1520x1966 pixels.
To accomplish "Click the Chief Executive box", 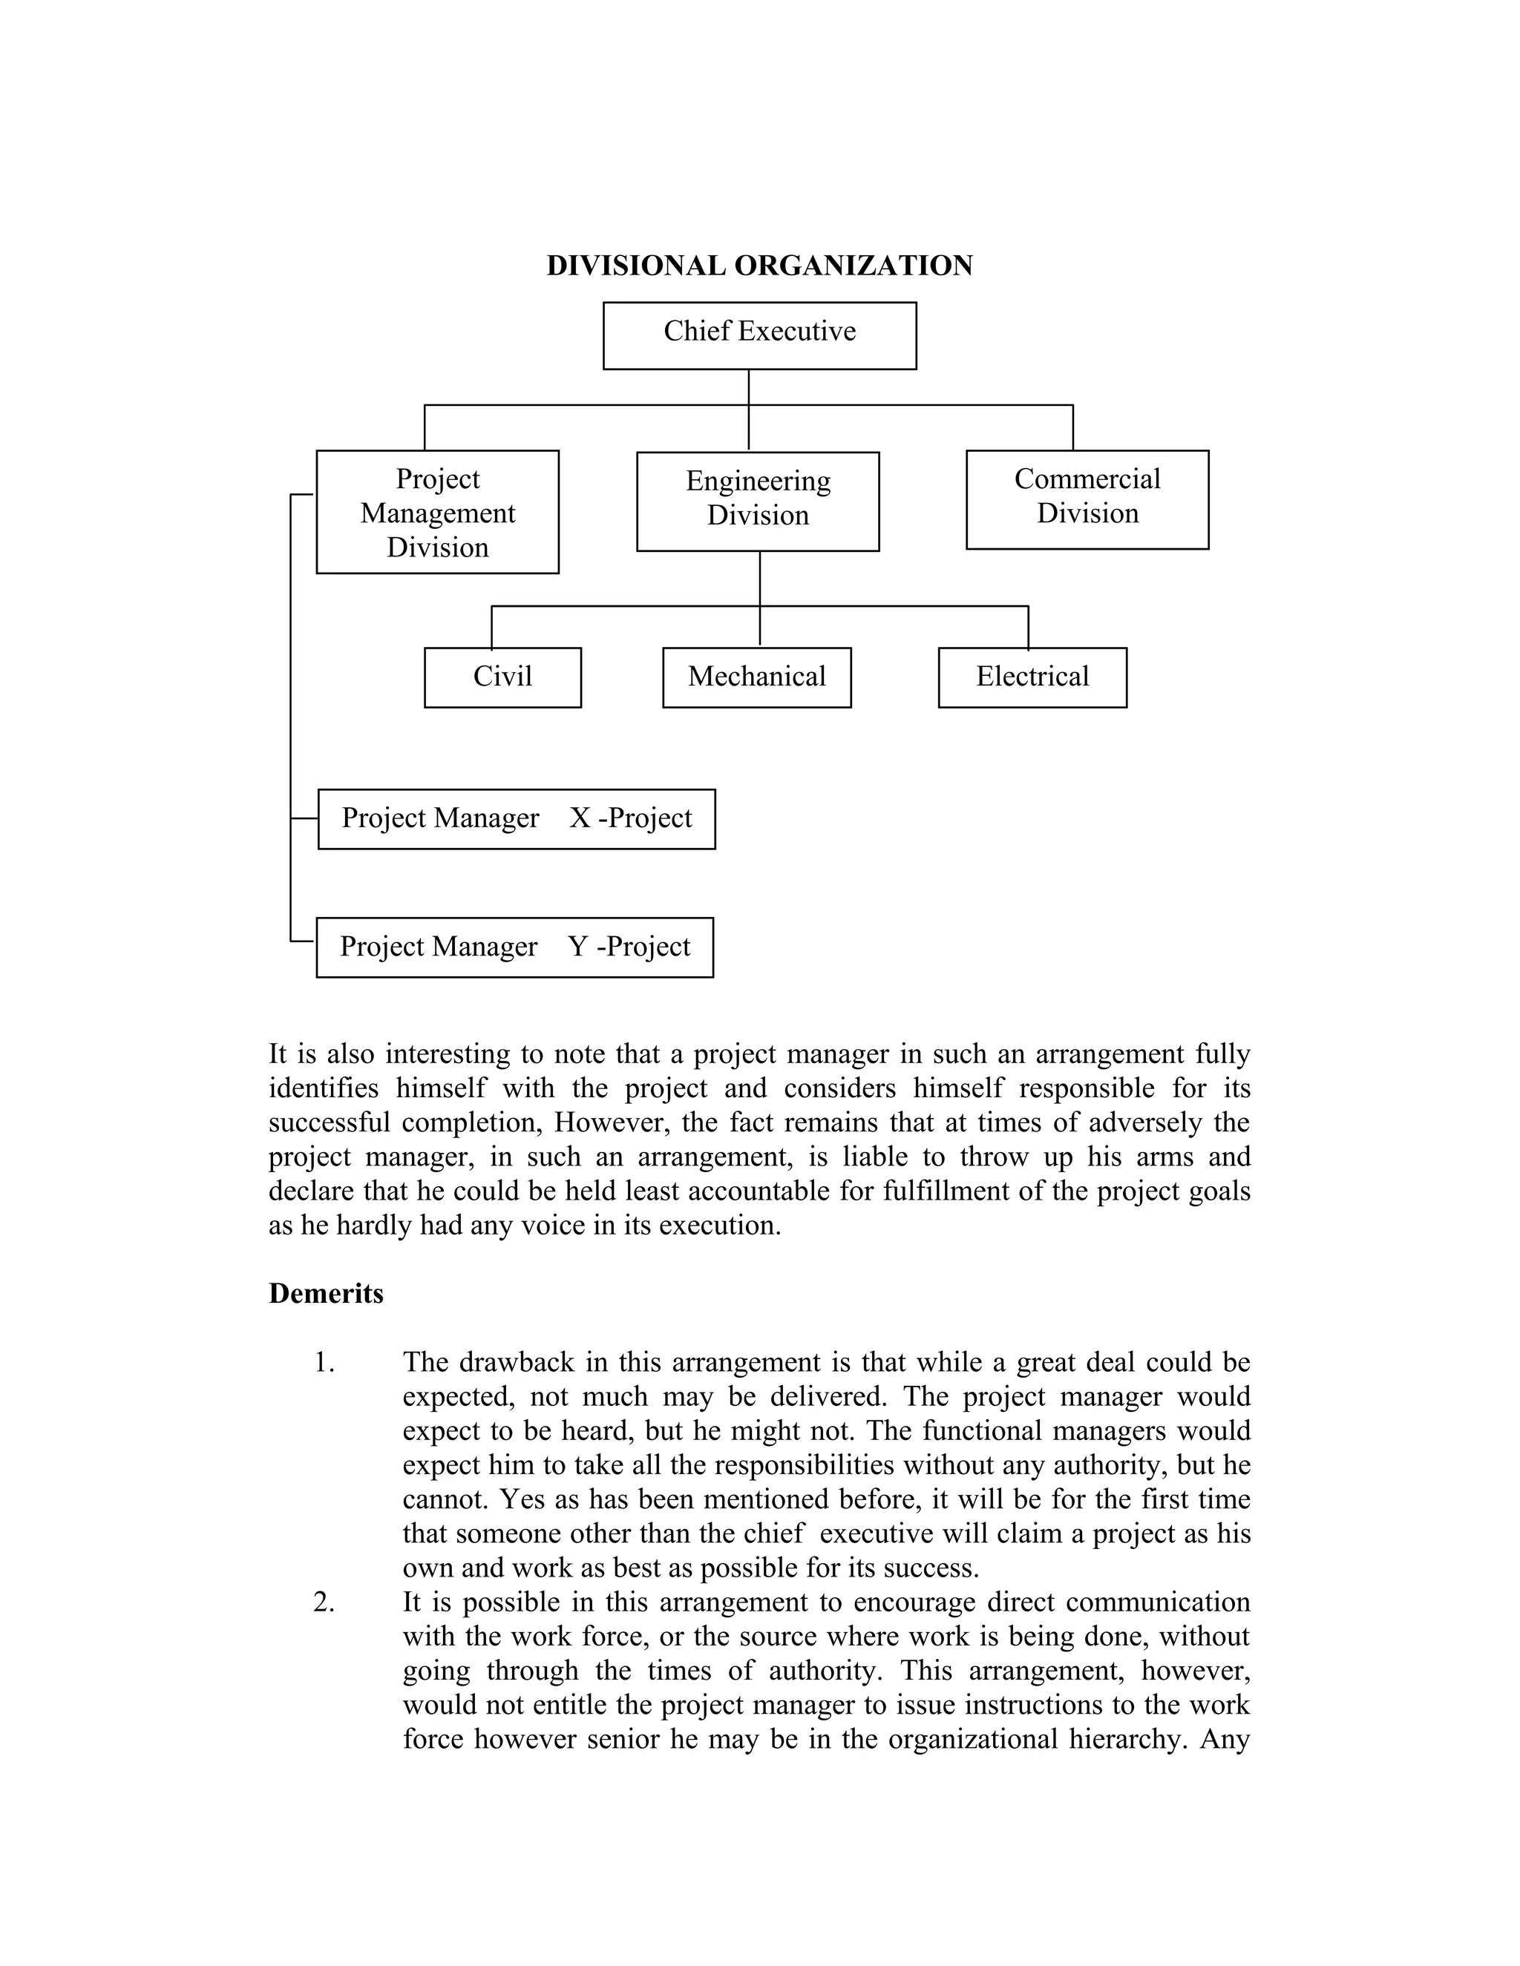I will click(x=759, y=335).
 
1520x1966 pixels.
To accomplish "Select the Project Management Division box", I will click(x=438, y=511).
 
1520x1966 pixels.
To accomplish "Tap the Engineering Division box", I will click(x=757, y=501).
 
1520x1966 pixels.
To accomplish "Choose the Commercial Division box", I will click(x=1087, y=499).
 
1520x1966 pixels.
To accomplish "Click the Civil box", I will click(x=502, y=677).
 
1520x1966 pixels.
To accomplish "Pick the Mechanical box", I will click(x=756, y=677).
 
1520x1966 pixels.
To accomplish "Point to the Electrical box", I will click(x=1032, y=677).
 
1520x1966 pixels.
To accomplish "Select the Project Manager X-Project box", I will click(x=516, y=818).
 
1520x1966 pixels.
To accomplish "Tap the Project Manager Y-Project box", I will click(x=514, y=947).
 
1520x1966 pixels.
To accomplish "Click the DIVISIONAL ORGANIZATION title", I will click(x=759, y=266).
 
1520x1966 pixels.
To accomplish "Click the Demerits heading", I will click(x=326, y=1294).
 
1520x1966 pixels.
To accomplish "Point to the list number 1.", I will click(x=324, y=1363).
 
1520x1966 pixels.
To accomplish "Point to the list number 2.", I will click(x=324, y=1602).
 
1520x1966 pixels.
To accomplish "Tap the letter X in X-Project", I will click(x=580, y=818).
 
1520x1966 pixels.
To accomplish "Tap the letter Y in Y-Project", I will click(x=578, y=947).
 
